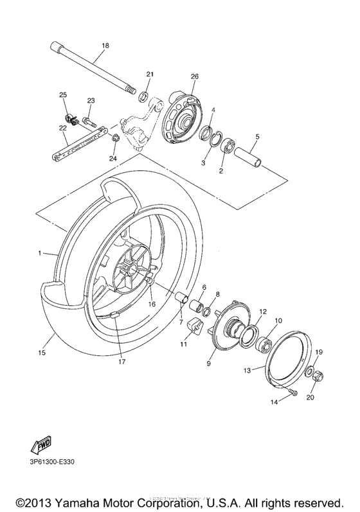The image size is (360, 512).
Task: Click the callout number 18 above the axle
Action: [x=105, y=46]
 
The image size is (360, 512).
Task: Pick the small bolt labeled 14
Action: [x=294, y=393]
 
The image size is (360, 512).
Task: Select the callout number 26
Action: [x=194, y=76]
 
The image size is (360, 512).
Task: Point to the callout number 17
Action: [x=121, y=362]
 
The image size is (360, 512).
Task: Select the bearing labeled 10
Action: [x=264, y=343]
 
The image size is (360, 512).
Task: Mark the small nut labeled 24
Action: [x=115, y=138]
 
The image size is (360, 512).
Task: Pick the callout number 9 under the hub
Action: [x=208, y=364]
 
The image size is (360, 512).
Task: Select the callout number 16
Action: [x=152, y=304]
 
